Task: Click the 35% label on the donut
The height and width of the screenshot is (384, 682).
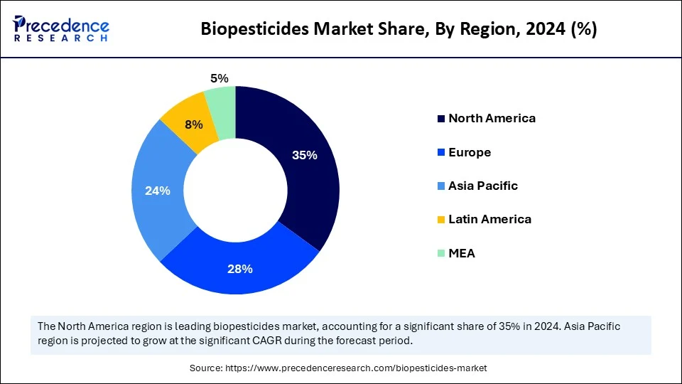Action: click(304, 156)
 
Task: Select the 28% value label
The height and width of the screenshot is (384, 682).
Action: click(241, 269)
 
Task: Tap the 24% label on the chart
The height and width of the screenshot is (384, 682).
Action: click(158, 191)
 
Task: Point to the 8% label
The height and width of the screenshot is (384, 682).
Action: click(194, 124)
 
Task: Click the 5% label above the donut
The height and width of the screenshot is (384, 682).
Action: click(219, 79)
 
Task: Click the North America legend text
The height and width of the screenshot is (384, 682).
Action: click(492, 118)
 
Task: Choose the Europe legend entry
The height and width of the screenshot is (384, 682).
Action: click(469, 152)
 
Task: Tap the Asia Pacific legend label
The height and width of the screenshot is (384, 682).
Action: click(482, 186)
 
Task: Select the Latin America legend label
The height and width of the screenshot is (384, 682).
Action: click(489, 219)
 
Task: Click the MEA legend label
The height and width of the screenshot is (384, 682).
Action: click(461, 252)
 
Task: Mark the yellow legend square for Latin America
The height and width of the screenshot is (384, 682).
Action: click(440, 219)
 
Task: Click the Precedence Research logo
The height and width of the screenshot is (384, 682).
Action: click(61, 29)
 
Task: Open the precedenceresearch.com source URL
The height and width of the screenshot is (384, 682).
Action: click(356, 368)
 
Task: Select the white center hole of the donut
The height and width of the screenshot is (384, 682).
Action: click(235, 190)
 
